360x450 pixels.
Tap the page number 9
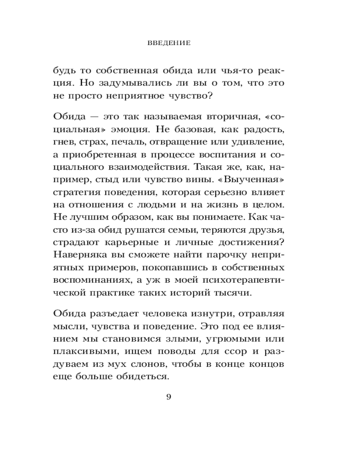pyautogui.click(x=169, y=396)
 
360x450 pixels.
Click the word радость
pyautogui.click(x=263, y=130)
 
